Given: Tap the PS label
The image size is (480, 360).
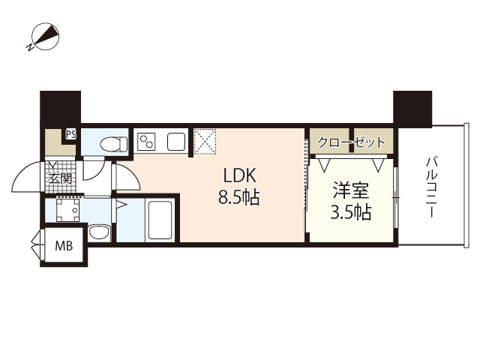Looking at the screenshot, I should tap(71, 135).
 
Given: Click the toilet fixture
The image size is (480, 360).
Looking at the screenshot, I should tap(110, 142).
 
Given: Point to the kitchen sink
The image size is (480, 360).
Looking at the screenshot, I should tap(177, 141).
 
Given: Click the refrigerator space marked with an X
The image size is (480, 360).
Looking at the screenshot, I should tap(205, 140).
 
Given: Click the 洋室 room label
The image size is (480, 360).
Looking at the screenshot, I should tap(351, 190).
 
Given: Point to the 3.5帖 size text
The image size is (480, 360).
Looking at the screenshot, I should tap(351, 213).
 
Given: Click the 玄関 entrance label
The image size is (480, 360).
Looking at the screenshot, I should tap(61, 178).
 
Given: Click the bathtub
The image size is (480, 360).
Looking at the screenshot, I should tap(159, 220).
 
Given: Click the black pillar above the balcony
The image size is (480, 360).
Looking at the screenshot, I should tap(412, 108).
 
